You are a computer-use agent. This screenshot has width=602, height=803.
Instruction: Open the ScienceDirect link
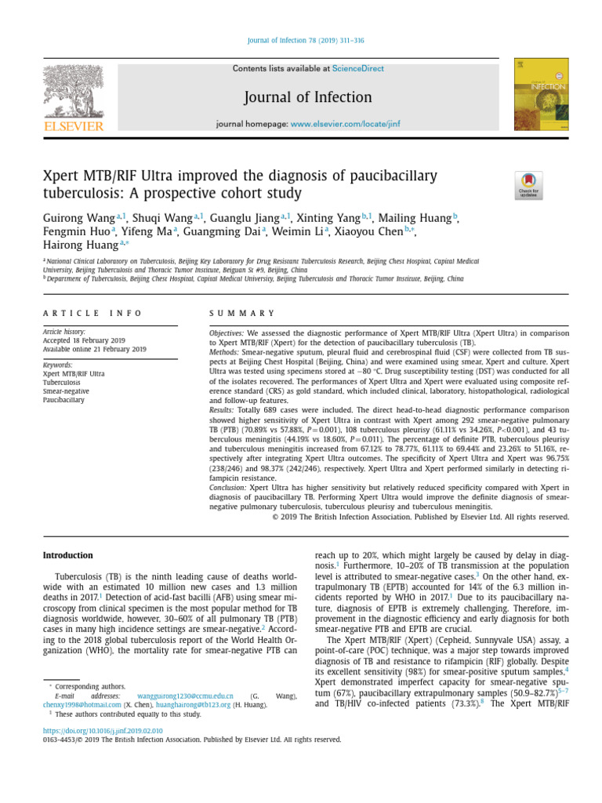[x=358, y=69]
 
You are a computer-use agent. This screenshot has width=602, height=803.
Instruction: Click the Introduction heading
[x=67, y=555]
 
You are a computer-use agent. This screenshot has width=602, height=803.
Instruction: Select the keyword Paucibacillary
[x=63, y=400]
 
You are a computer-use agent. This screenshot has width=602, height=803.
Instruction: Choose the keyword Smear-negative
[x=66, y=391]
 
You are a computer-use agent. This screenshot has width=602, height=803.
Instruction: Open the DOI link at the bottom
[x=103, y=730]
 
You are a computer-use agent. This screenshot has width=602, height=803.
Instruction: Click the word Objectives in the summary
[x=227, y=333]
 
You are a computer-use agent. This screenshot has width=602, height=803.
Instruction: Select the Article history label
[x=63, y=332]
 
